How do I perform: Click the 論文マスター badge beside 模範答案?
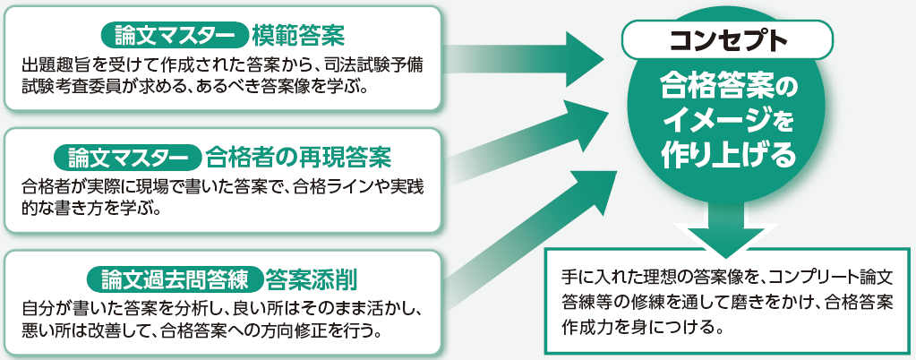175,35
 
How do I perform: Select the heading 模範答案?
298,35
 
